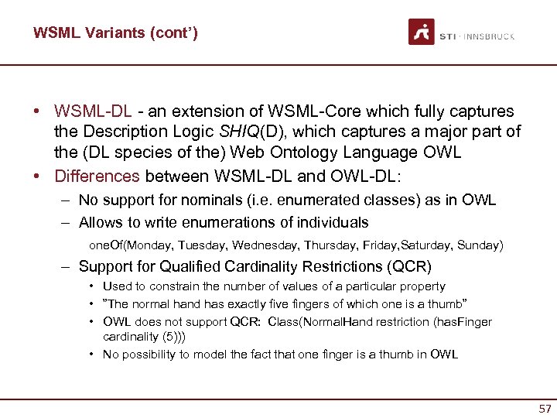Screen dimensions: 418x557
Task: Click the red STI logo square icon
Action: point(421,32)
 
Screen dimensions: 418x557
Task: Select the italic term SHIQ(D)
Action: point(268,132)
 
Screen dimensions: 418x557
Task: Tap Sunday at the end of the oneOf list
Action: point(480,245)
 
